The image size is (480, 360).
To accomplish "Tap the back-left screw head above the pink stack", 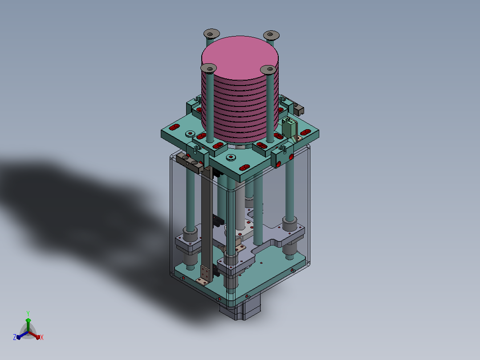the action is pyautogui.click(x=212, y=33).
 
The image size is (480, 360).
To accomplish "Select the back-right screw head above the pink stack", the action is pyautogui.click(x=271, y=35).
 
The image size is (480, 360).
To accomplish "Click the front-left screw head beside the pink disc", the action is pyautogui.click(x=209, y=68).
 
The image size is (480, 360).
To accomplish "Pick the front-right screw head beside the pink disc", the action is pyautogui.click(x=268, y=70).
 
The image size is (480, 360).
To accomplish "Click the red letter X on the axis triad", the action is pyautogui.click(x=42, y=337).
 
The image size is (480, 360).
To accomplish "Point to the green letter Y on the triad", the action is pyautogui.click(x=28, y=314).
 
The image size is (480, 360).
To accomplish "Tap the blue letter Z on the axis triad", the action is pyautogui.click(x=15, y=337).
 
